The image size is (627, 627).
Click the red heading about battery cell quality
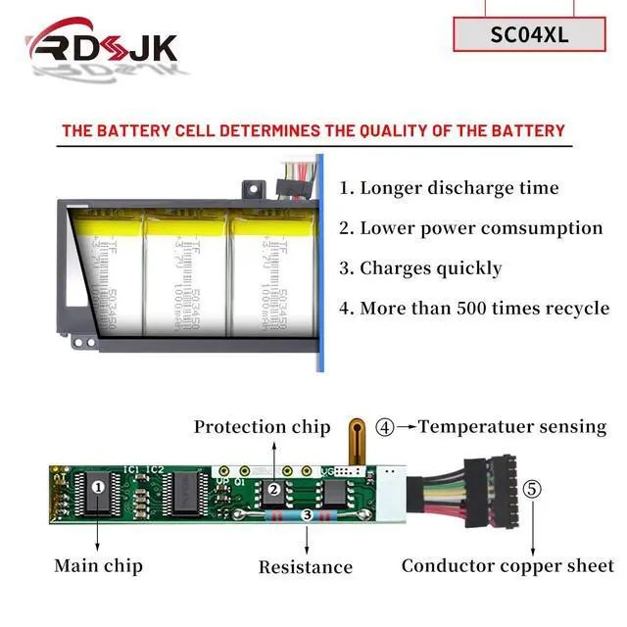(x=313, y=130)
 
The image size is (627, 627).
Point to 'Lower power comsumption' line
(x=470, y=228)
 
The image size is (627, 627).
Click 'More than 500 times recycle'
(x=473, y=309)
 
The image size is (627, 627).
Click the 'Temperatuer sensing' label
(x=512, y=427)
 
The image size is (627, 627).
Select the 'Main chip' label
(x=98, y=565)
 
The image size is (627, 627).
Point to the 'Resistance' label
(x=306, y=566)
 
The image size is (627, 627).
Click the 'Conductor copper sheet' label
(x=507, y=565)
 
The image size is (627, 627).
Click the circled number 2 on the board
(x=275, y=487)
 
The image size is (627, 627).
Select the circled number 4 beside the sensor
(x=386, y=427)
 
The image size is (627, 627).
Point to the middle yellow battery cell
(x=185, y=274)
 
